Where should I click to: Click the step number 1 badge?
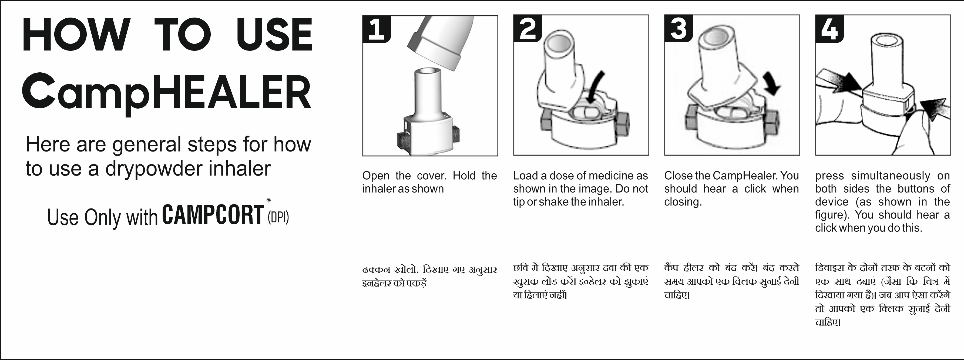pos(377,29)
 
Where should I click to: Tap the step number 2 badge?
pos(528,28)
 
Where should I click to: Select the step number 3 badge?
pos(679,28)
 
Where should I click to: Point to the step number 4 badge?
pos(830,28)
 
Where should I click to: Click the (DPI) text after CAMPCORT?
pos(278,217)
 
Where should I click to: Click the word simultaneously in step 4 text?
pos(890,176)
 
